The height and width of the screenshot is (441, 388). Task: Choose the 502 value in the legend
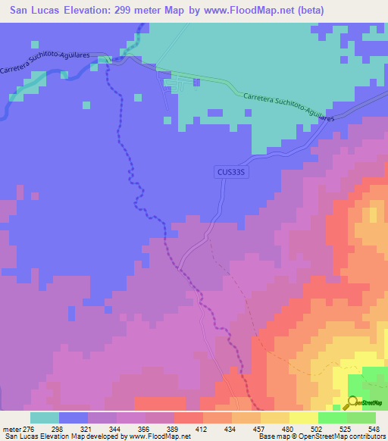[x=333, y=429]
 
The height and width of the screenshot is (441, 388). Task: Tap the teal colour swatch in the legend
[x=44, y=418]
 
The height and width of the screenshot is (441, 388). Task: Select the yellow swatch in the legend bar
[x=303, y=418]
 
